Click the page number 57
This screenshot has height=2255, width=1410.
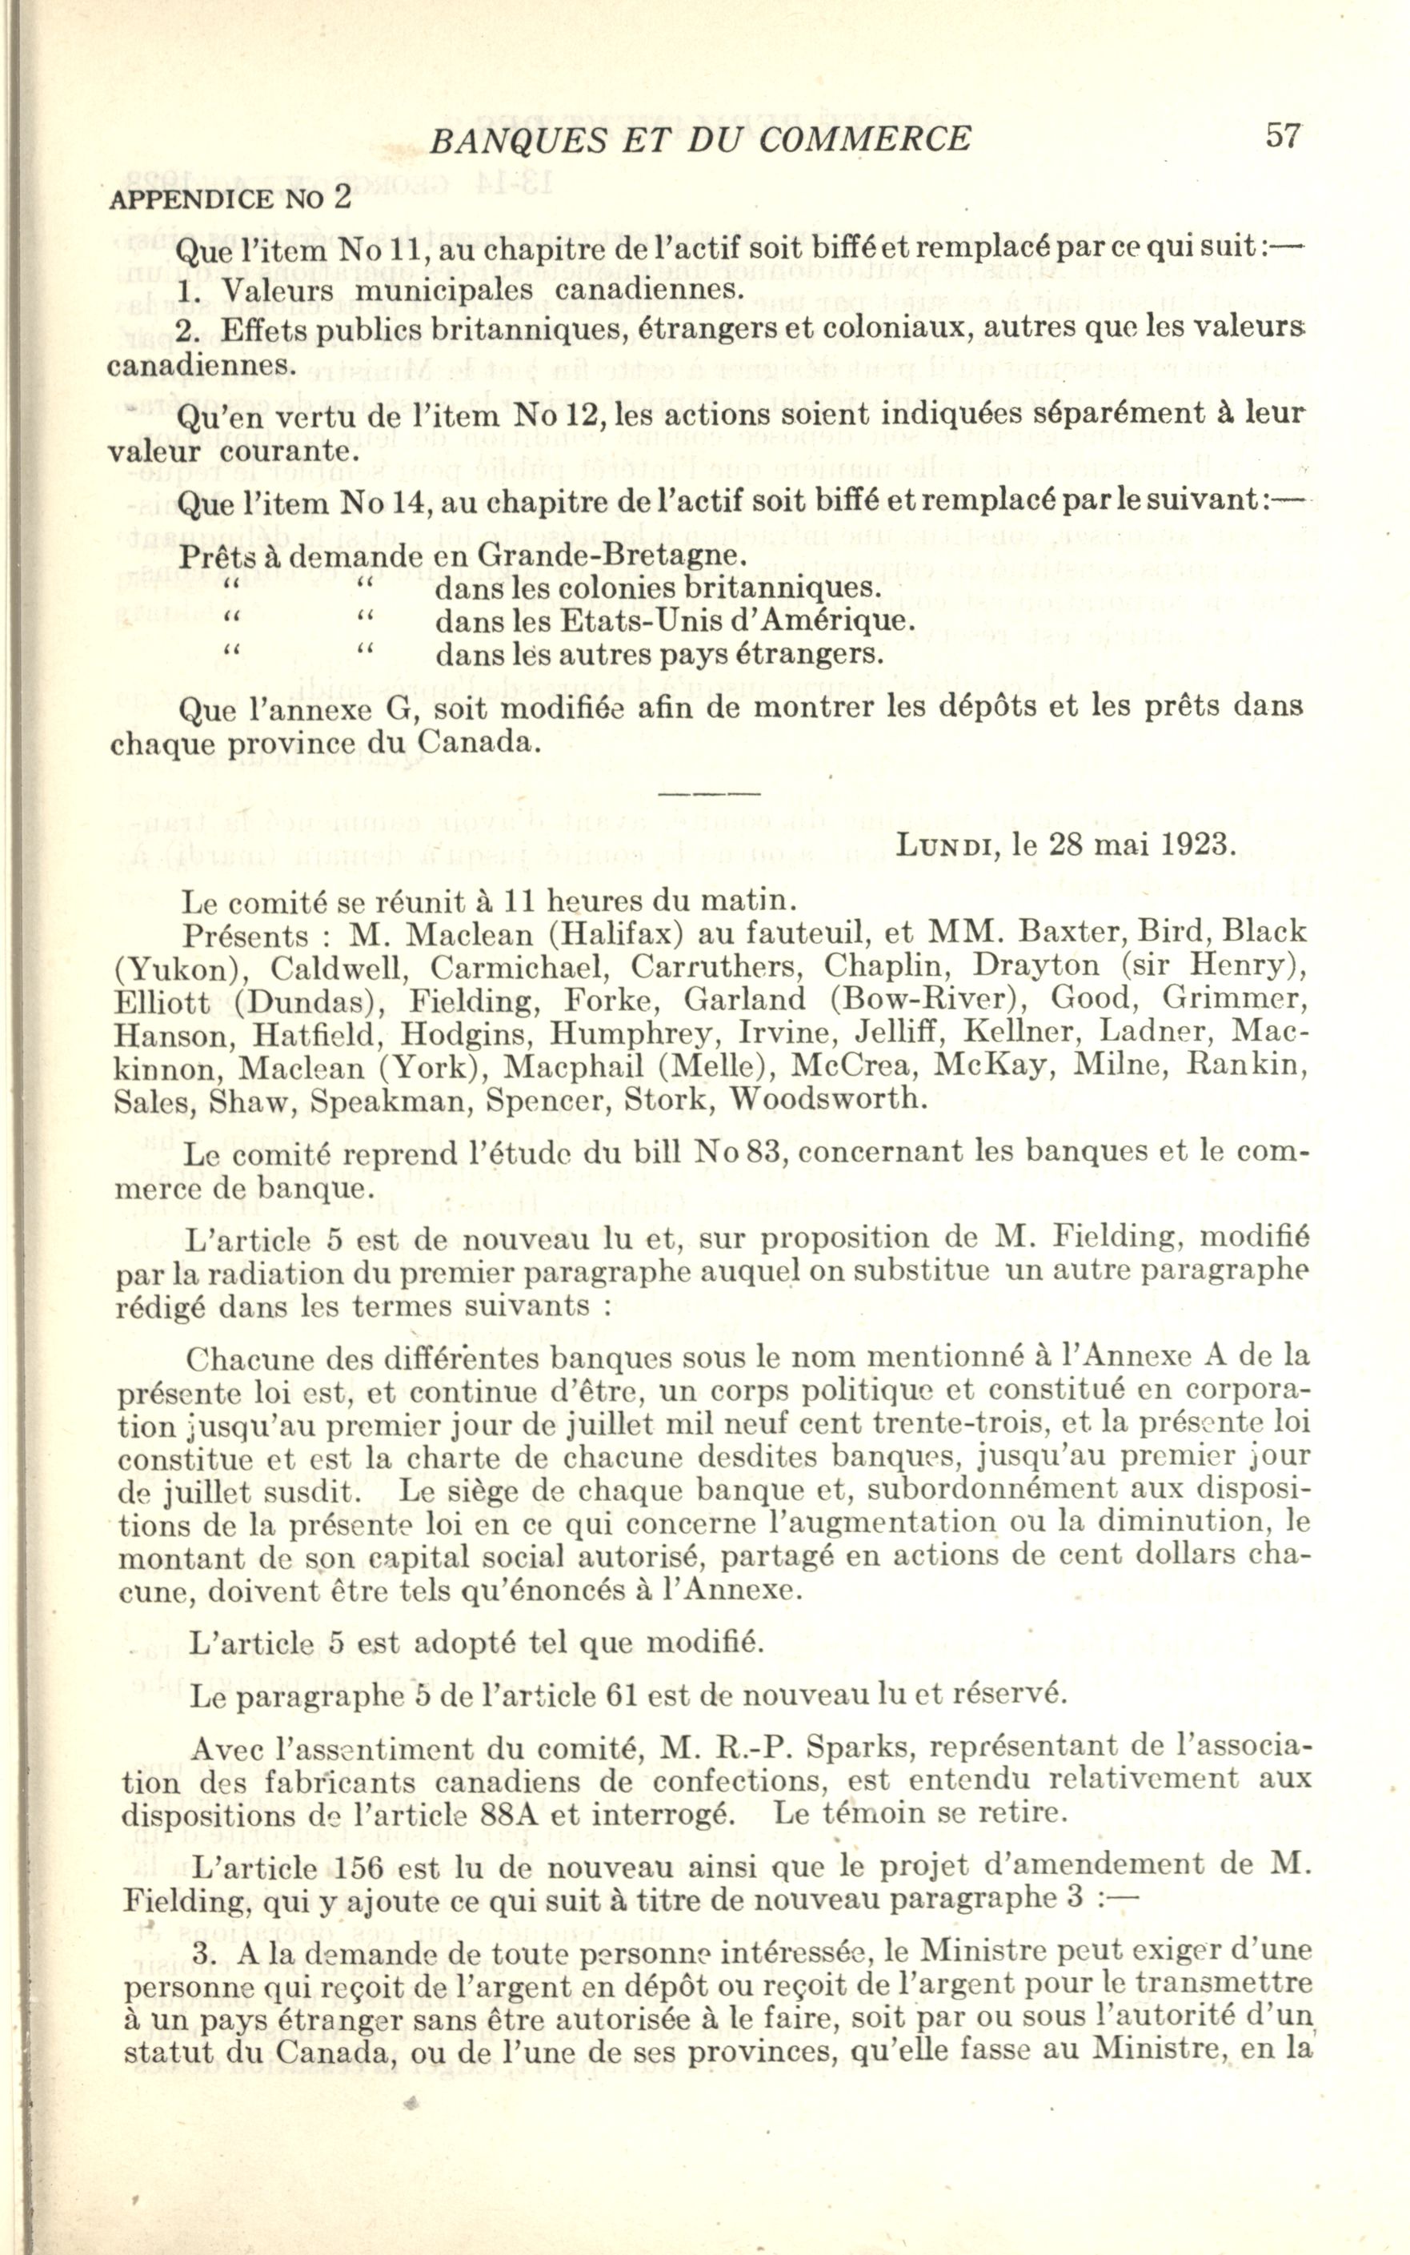1282,136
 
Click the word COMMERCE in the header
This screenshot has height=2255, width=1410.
863,139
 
